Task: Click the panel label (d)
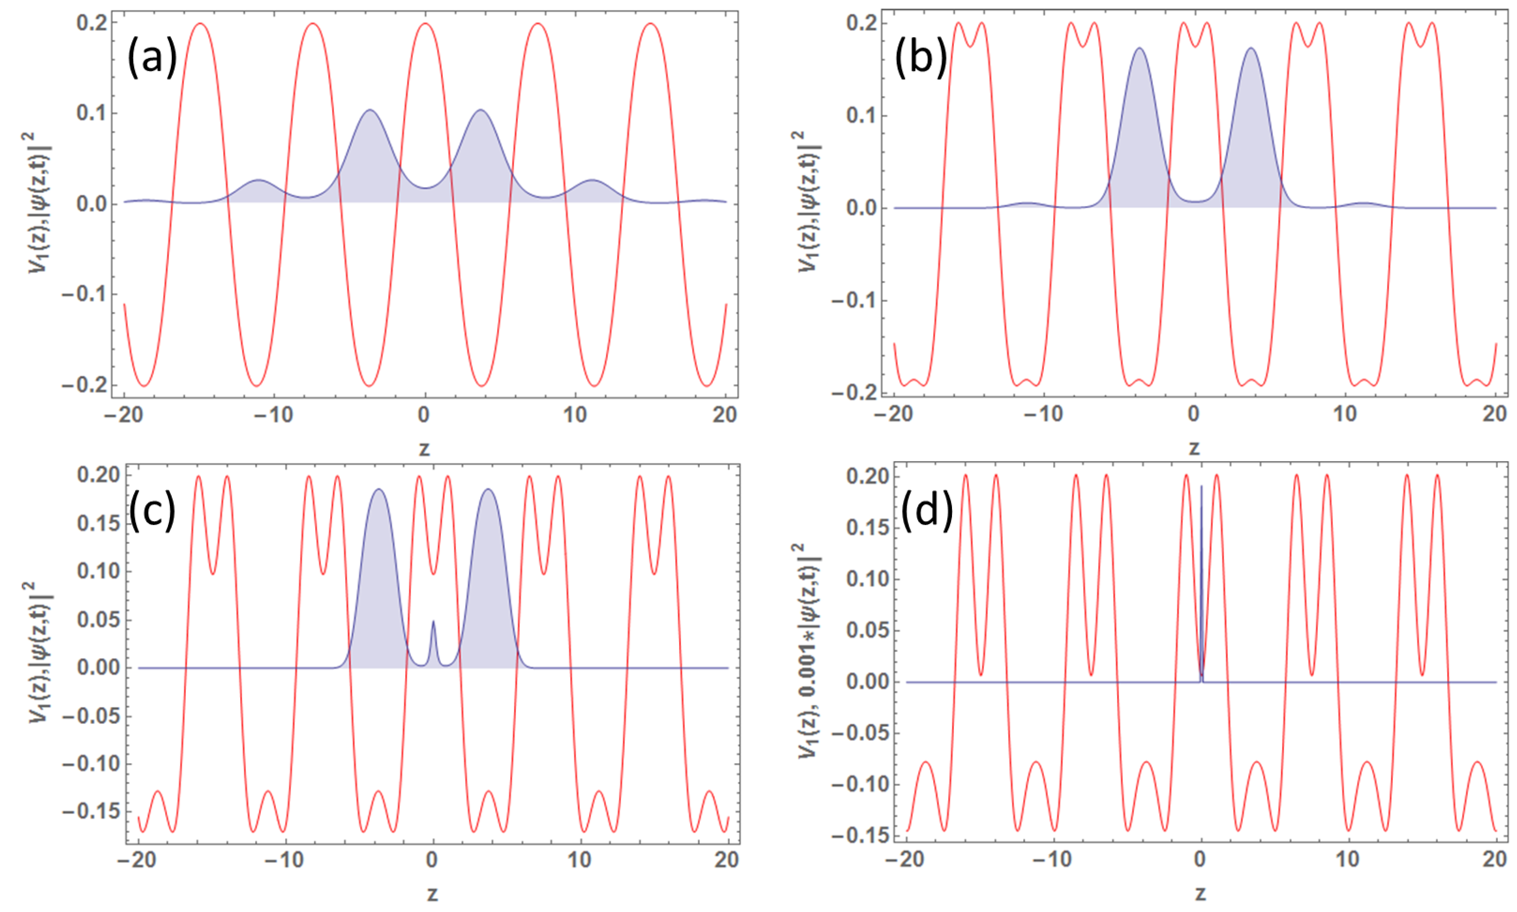tap(926, 510)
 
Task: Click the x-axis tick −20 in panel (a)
tap(124, 416)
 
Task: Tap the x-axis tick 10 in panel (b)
tap(1346, 414)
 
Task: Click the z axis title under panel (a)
tap(424, 449)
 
